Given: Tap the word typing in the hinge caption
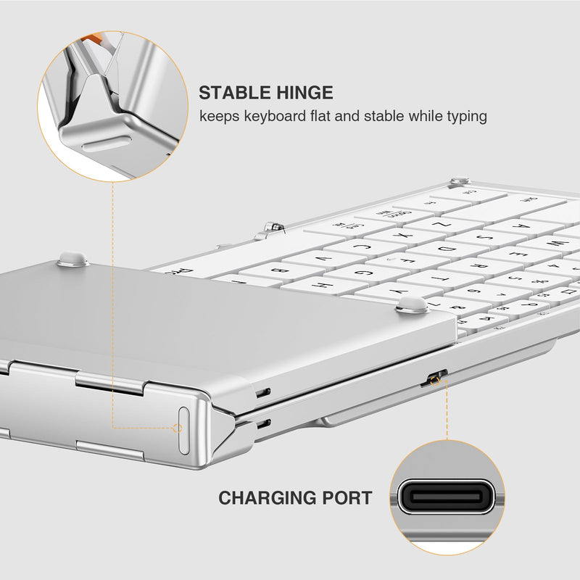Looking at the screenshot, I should click(463, 116).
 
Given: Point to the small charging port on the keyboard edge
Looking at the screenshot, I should click(435, 378).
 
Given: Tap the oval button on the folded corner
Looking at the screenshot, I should click(183, 430).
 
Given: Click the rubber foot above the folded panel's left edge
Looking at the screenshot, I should click(73, 258).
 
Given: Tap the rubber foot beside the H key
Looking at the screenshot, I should click(413, 304).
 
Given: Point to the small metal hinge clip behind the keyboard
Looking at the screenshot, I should click(274, 227).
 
